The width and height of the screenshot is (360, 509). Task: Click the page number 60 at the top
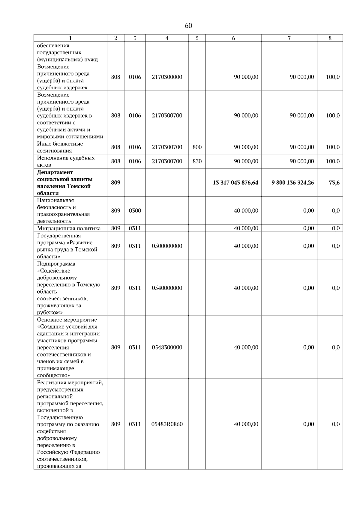pos(188,26)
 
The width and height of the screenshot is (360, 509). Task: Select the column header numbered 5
pos(197,38)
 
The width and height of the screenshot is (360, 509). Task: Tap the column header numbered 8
pos(330,38)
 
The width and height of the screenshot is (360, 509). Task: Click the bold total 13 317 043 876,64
pos(235,183)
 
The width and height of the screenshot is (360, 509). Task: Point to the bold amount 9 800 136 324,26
pos(292,183)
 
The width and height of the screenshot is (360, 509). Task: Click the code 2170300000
pos(167,77)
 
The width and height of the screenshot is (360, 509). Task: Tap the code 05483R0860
pos(167,424)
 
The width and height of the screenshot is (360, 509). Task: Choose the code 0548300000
pos(167,347)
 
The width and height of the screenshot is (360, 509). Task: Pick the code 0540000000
pos(167,288)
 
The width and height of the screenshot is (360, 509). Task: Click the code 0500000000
pos(167,246)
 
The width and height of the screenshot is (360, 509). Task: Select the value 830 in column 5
pos(197,161)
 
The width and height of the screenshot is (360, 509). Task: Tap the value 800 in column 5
pos(197,147)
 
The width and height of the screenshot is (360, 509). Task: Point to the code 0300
pos(135,211)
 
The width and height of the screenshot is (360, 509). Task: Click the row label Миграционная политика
pos(69,228)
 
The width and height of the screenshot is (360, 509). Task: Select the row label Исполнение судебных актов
pos(66,161)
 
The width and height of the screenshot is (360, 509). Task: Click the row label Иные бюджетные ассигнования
pos(60,147)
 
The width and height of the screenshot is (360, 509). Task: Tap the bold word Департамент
pos(55,172)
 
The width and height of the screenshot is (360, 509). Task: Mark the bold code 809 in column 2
pos(115,183)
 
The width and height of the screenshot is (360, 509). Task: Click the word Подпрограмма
pos(56,264)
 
